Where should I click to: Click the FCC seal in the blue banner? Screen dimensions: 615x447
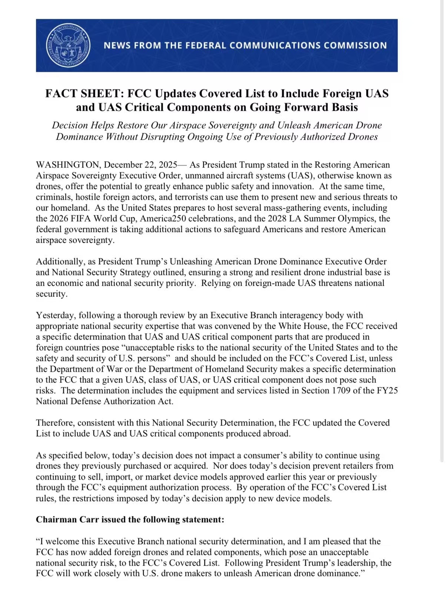pos(68,46)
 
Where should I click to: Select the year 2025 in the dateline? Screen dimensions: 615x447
pos(168,165)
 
